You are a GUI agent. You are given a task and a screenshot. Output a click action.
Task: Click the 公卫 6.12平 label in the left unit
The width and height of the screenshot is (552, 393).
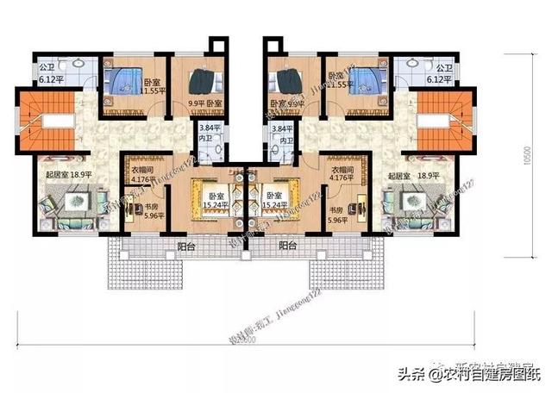pyautogui.click(x=47, y=72)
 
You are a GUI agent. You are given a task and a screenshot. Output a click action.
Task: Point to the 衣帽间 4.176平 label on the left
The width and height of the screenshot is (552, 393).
pyautogui.click(x=143, y=175)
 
